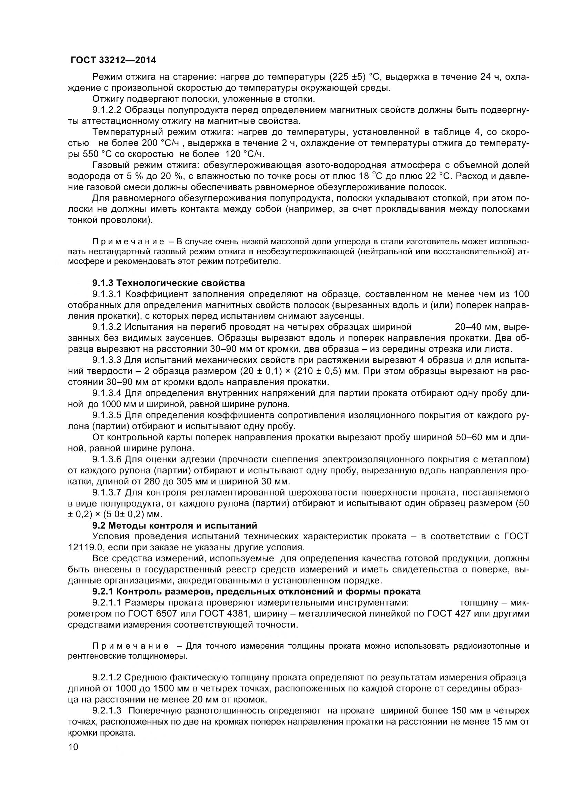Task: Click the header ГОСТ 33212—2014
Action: point(113,60)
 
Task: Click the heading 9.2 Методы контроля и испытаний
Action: point(174,525)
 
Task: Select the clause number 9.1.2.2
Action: point(107,110)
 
